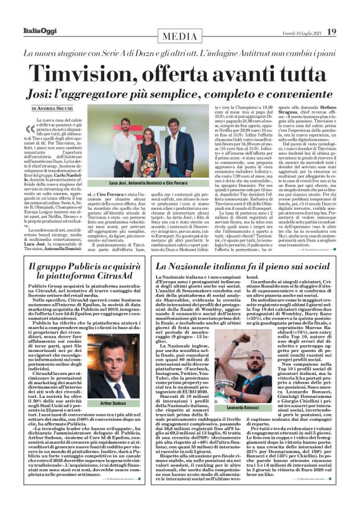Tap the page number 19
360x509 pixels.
[332, 32]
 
